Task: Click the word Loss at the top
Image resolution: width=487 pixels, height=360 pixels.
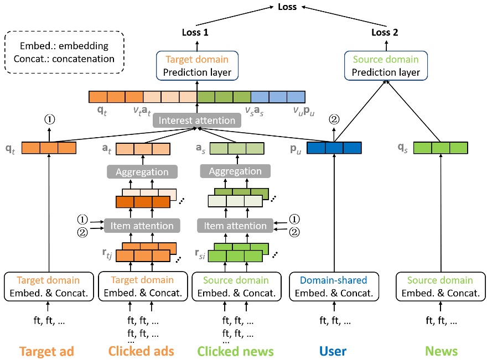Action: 287,7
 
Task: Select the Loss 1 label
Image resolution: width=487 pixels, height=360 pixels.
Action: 195,33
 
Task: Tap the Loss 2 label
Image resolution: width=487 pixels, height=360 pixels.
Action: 385,33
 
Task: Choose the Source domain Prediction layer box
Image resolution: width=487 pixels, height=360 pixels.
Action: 386,66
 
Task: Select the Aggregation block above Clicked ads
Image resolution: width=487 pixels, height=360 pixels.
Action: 142,172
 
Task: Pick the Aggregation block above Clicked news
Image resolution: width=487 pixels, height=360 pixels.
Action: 235,172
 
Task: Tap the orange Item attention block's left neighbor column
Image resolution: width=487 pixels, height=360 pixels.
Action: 84,225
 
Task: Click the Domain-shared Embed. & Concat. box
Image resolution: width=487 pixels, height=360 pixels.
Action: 334,286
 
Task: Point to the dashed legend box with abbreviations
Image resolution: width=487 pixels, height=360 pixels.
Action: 64,53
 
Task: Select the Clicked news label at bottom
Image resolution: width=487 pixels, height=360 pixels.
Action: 235,351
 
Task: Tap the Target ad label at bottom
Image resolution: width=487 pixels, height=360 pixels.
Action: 46,351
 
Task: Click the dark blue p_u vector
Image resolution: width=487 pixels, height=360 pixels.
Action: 334,148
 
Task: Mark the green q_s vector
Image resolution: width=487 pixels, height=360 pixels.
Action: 441,148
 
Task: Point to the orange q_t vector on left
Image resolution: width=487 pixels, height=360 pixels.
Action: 48,148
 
